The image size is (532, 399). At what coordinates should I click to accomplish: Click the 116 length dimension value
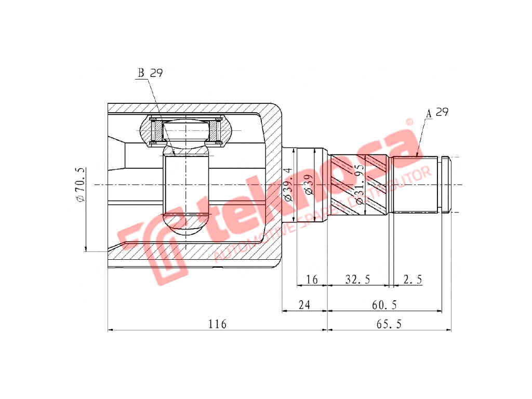tap(217, 324)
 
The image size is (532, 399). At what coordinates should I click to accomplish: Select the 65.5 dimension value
tap(389, 324)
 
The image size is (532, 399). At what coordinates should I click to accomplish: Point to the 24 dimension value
tap(304, 305)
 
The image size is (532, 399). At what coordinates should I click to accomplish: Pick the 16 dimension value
tap(312, 280)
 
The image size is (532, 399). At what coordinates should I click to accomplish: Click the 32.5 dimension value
tap(357, 280)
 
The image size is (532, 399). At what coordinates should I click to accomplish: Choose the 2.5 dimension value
tap(413, 280)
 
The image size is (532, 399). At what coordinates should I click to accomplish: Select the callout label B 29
tap(150, 73)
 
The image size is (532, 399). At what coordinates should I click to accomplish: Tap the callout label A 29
tap(437, 112)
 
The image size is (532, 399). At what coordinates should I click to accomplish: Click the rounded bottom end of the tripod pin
tap(186, 229)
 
